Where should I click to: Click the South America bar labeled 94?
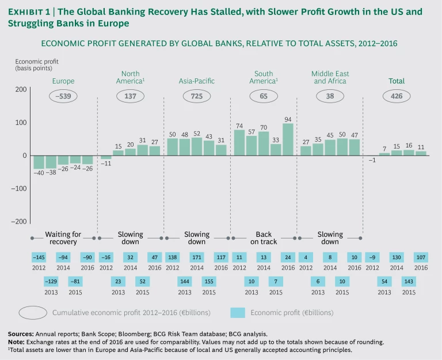point(288,139)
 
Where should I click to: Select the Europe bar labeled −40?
point(39,162)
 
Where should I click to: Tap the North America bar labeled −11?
point(106,157)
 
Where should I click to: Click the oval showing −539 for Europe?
point(63,97)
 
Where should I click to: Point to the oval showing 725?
point(197,97)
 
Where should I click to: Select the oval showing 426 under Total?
point(397,97)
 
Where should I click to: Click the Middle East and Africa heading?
point(330,78)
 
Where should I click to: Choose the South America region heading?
point(264,78)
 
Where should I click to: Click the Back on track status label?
point(264,238)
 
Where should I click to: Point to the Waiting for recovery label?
point(63,238)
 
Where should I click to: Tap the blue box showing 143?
point(409,281)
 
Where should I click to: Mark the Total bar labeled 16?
point(409,153)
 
